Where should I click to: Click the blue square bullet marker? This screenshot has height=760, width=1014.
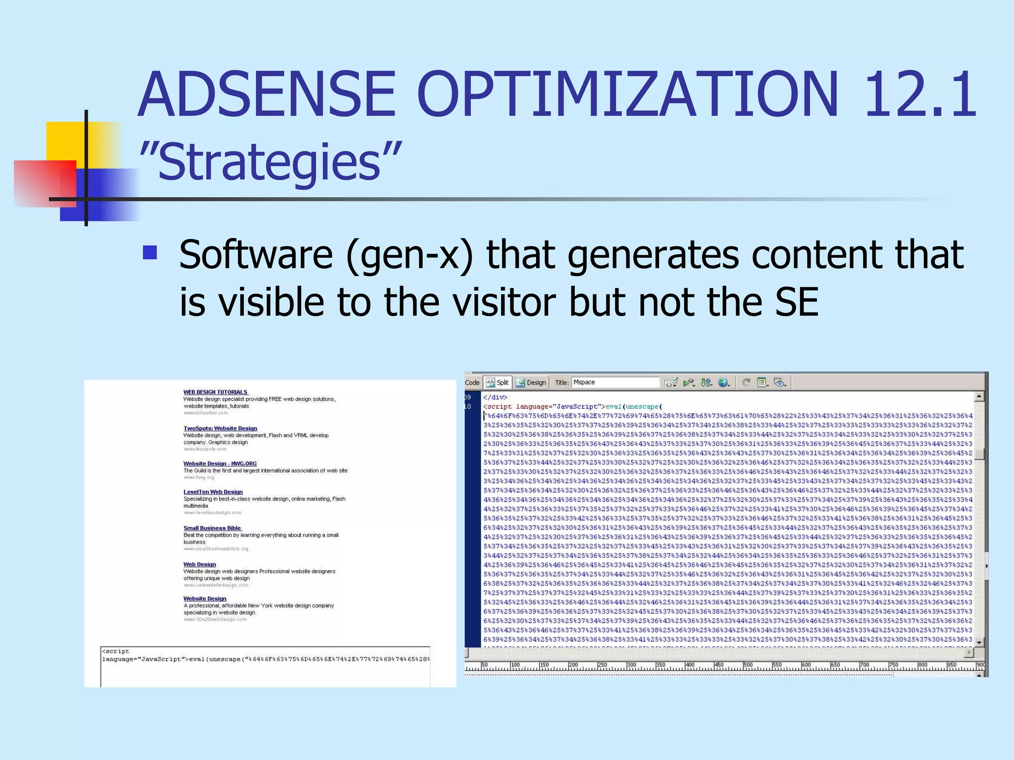[x=150, y=253]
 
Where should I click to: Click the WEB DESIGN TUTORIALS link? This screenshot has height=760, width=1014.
[x=215, y=392]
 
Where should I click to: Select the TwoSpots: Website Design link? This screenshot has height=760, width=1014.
[x=220, y=428]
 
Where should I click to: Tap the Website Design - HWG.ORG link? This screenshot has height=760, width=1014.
[x=220, y=464]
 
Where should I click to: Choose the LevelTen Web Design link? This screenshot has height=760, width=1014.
[x=213, y=492]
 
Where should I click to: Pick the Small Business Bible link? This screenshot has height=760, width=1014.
[x=212, y=528]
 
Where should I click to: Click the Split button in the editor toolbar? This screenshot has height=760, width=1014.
[x=498, y=382]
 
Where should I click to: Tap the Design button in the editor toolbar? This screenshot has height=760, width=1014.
[x=531, y=382]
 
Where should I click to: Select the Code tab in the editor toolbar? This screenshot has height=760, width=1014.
[x=472, y=382]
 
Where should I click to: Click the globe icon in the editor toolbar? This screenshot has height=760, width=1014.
[x=723, y=382]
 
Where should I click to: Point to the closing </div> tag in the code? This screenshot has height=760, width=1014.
[x=495, y=397]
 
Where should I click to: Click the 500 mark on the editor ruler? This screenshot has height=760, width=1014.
[x=748, y=665]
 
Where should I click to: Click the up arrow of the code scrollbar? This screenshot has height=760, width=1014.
[x=979, y=397]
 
